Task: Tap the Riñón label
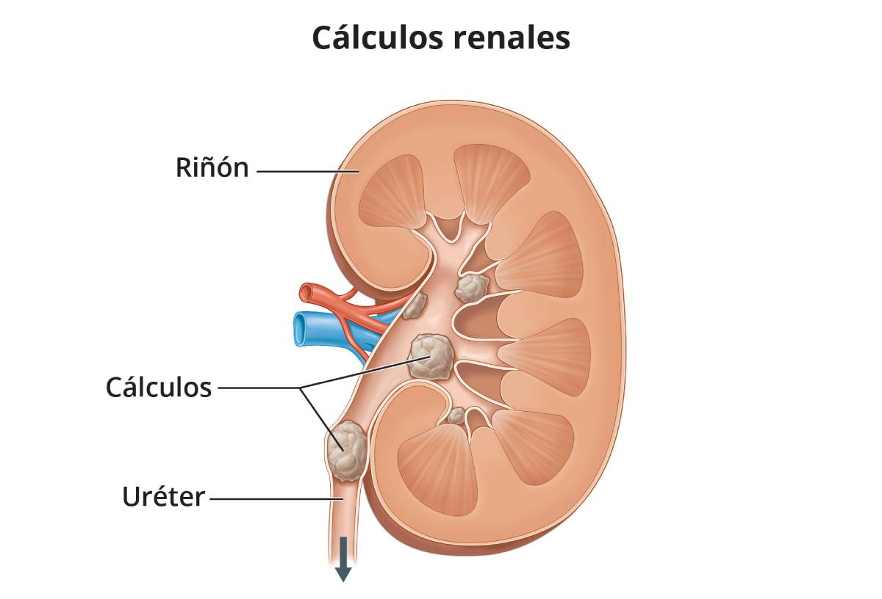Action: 212,167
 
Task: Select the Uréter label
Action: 163,496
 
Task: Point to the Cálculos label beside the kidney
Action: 159,388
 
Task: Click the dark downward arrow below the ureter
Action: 343,559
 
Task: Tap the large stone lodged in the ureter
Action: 346,451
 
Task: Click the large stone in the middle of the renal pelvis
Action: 431,356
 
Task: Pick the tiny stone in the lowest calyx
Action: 456,415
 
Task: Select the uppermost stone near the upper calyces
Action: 472,288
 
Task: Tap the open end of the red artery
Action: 306,293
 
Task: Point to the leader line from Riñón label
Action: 307,172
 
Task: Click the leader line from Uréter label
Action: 276,499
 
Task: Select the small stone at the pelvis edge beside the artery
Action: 415,305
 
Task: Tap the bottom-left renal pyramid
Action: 437,469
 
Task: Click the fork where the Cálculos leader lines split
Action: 301,388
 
